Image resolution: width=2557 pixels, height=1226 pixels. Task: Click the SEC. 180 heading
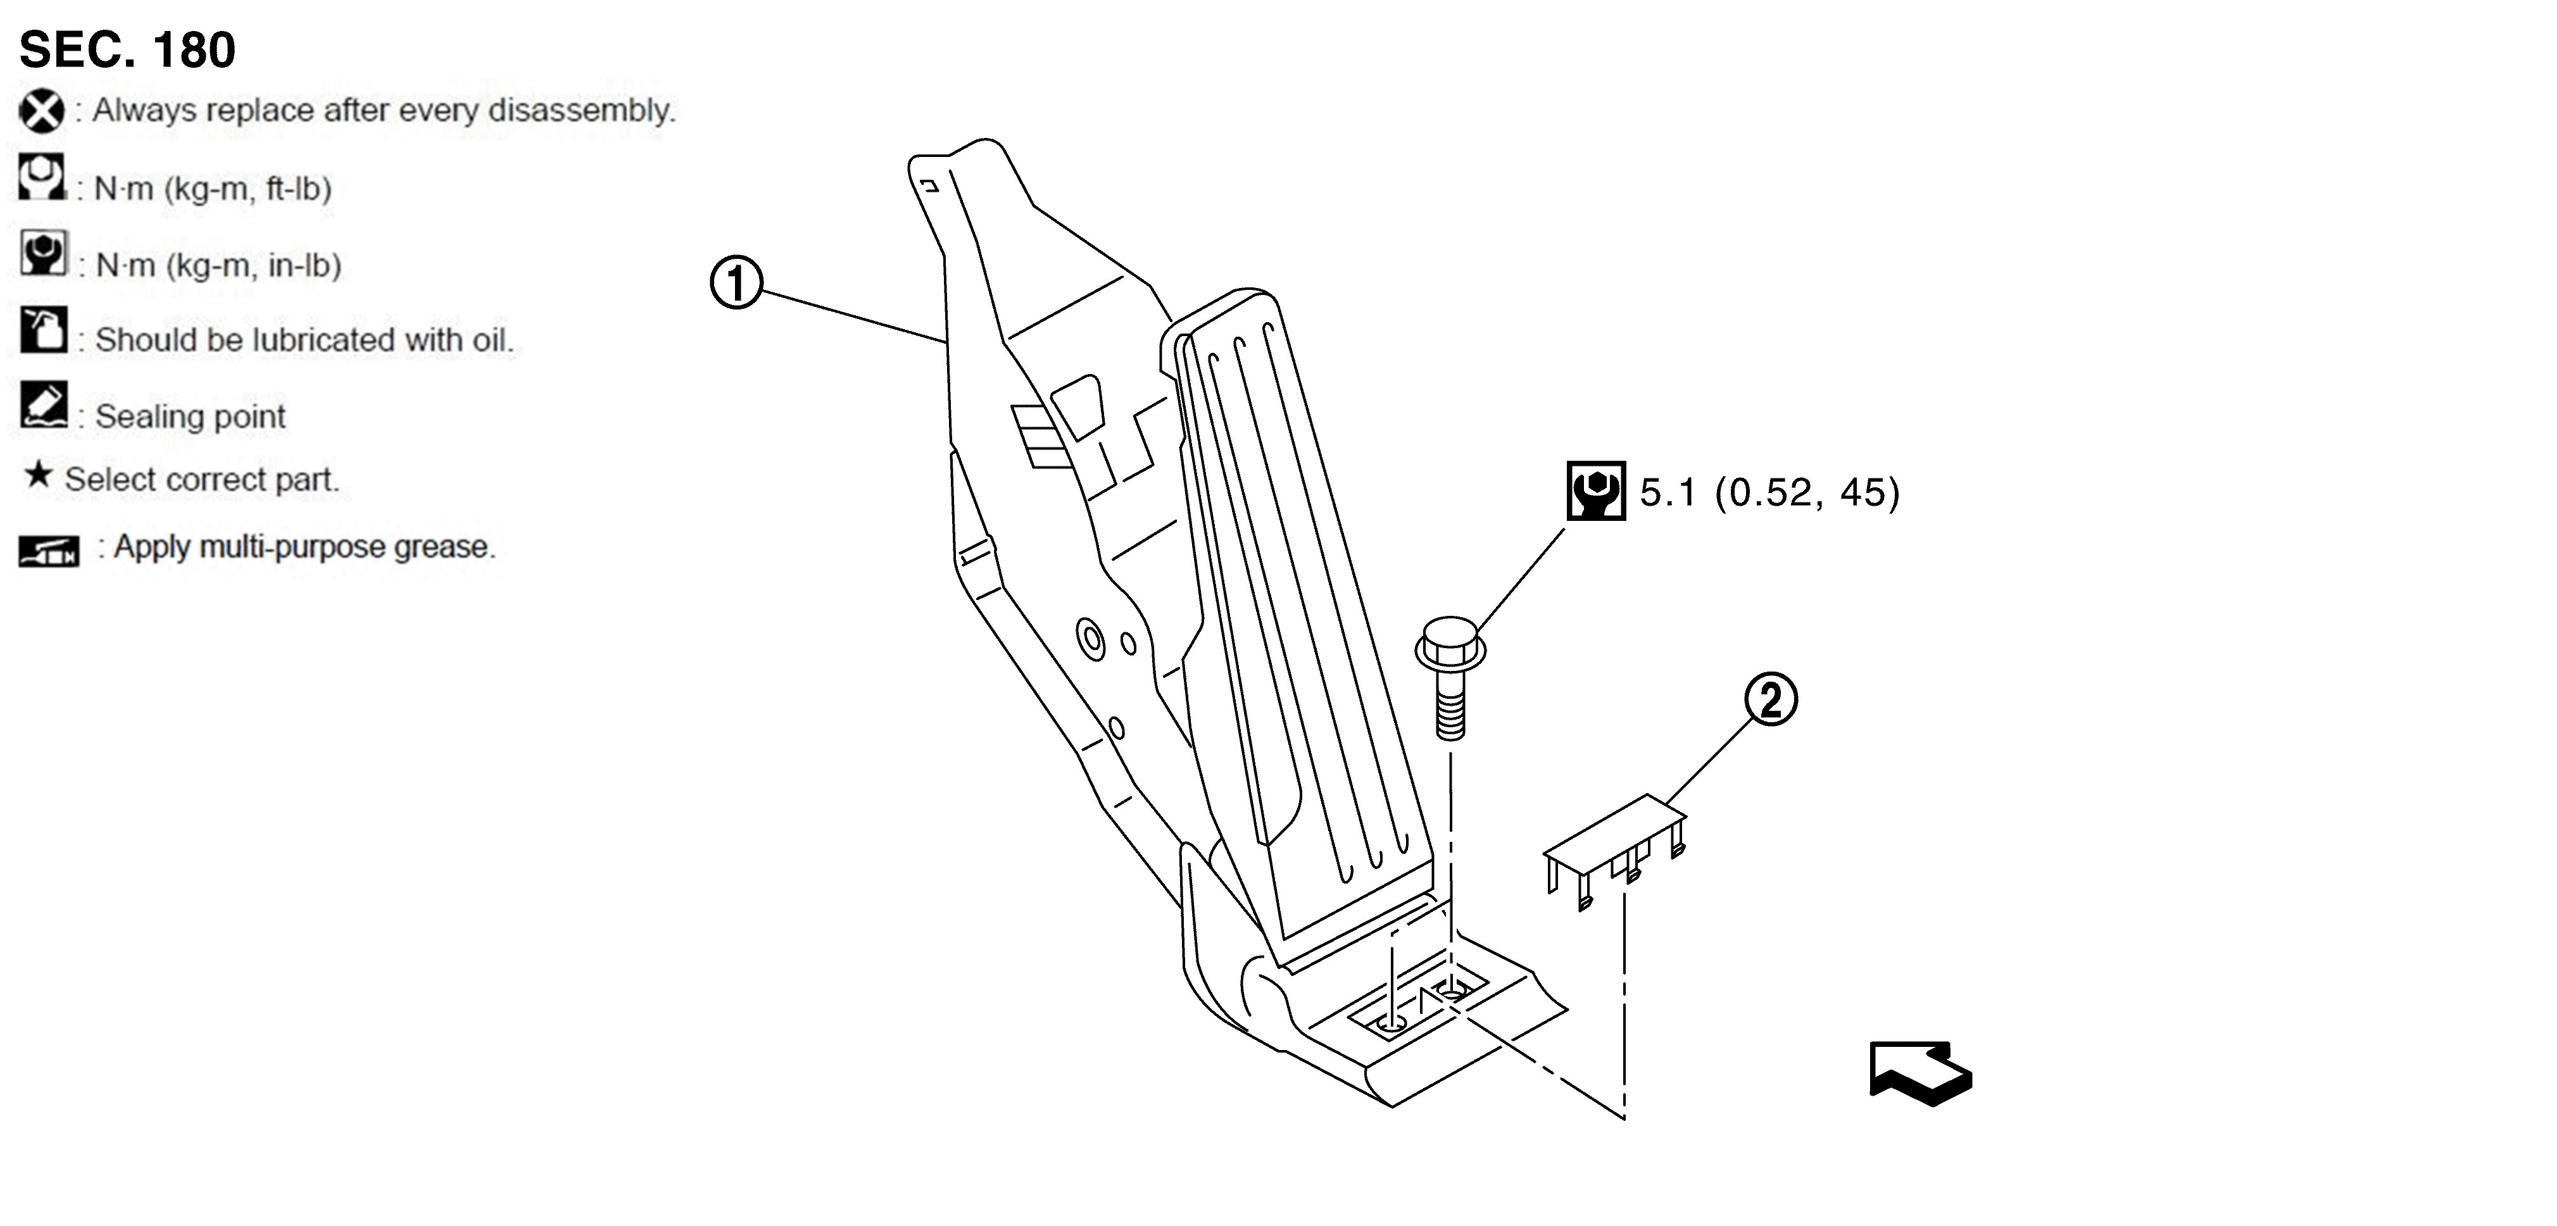coord(127,49)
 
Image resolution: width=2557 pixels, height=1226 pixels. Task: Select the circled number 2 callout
coord(1771,700)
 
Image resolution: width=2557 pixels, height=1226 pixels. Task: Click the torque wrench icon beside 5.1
coord(1596,491)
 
